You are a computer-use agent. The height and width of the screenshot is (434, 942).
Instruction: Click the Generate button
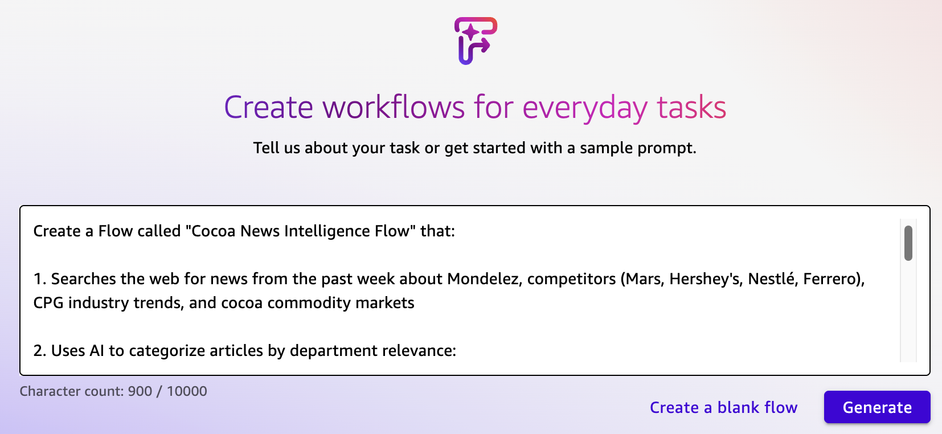pyautogui.click(x=877, y=407)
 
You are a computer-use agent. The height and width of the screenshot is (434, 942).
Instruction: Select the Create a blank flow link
pyautogui.click(x=723, y=407)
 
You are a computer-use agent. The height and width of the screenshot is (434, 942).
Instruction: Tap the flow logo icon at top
pyautogui.click(x=476, y=41)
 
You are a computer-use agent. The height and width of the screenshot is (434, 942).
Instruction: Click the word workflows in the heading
pyautogui.click(x=393, y=107)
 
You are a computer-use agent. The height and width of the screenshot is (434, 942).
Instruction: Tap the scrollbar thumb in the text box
pyautogui.click(x=908, y=243)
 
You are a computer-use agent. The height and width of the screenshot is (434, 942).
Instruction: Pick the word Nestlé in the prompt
pyautogui.click(x=773, y=279)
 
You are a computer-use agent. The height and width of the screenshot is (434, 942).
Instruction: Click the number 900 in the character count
pyautogui.click(x=140, y=391)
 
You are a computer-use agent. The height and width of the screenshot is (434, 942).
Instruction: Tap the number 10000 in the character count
pyautogui.click(x=187, y=391)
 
